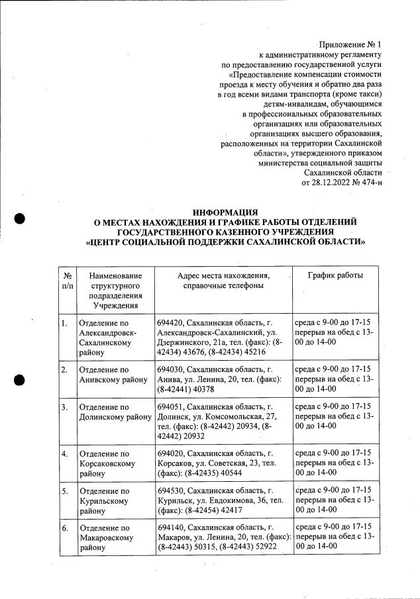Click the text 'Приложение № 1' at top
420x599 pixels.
coord(350,44)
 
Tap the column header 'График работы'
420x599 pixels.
coord(336,275)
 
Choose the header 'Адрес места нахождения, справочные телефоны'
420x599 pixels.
coord(223,280)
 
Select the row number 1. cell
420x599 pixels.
coord(64,323)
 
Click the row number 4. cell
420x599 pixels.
coord(64,454)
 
